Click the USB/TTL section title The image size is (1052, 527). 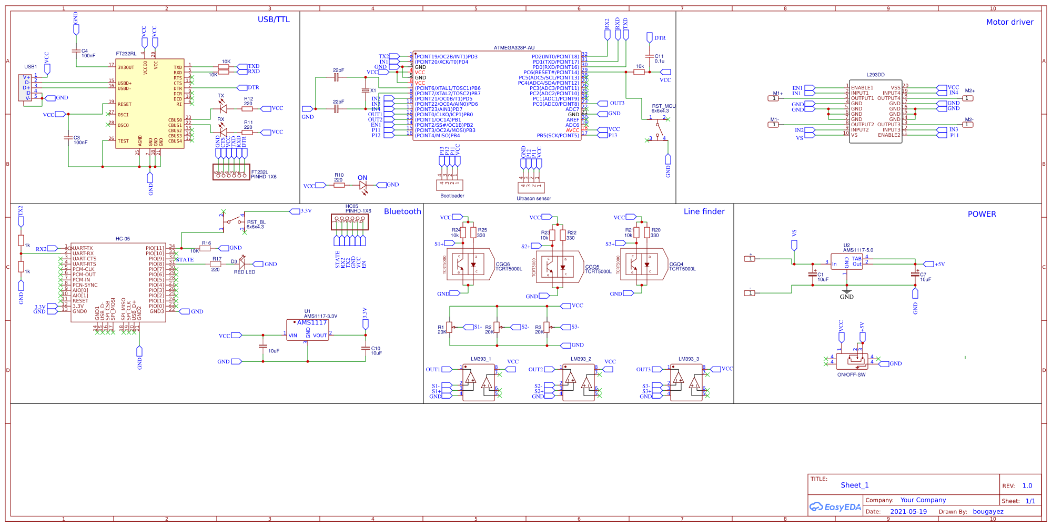(x=274, y=19)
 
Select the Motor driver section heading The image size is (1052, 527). (x=1009, y=22)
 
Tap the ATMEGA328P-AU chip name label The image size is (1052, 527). (x=514, y=48)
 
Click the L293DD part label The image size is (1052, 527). (x=875, y=75)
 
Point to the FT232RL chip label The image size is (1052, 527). (x=126, y=54)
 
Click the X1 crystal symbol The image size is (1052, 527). (x=366, y=90)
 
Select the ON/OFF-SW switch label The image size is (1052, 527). (x=851, y=375)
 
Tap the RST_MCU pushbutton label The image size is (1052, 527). (x=663, y=106)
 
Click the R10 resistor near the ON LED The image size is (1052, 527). (x=339, y=185)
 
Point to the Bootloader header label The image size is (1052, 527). (x=452, y=196)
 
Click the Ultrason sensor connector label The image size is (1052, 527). (x=533, y=199)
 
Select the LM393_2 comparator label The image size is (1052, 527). (x=581, y=359)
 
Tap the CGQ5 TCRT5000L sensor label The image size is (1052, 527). (x=598, y=269)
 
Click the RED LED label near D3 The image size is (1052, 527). (x=244, y=272)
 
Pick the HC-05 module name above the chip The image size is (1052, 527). (x=123, y=239)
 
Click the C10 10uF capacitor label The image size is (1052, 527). (x=376, y=351)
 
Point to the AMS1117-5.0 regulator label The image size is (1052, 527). (x=858, y=250)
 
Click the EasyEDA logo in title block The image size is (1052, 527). (x=835, y=507)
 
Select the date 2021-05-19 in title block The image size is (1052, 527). (x=908, y=512)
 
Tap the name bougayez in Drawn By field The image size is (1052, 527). (x=988, y=512)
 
